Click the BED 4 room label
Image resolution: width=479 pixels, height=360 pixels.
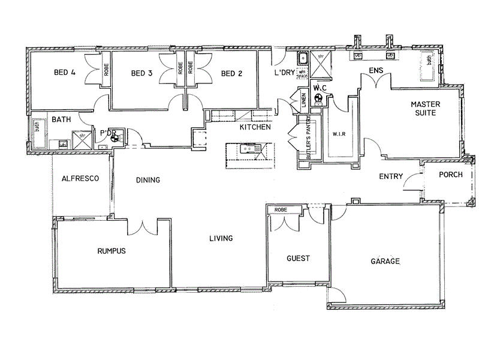(65, 73)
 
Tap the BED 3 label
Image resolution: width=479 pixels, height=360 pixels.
(142, 74)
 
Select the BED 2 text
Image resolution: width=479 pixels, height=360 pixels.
(231, 74)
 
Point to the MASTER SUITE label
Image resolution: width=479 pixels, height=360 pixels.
(426, 108)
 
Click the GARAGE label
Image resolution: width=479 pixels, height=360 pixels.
(385, 262)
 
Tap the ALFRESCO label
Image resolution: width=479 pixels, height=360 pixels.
(80, 178)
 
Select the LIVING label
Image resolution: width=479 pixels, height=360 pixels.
(221, 238)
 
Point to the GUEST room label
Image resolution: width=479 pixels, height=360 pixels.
(298, 259)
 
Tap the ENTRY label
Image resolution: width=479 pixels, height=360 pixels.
(390, 176)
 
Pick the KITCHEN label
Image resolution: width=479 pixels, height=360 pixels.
(255, 127)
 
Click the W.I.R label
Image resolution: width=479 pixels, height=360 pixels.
(339, 134)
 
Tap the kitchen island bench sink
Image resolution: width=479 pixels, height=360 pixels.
(246, 148)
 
